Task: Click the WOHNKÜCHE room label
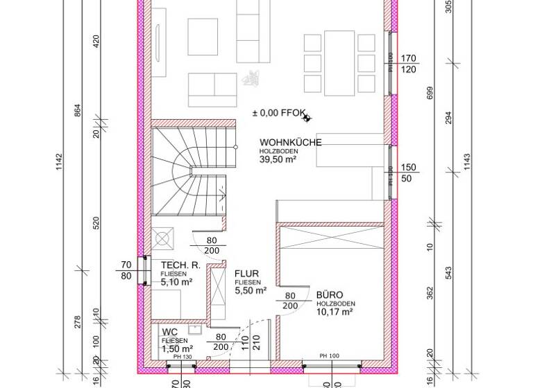pyautogui.click(x=291, y=143)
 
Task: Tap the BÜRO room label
pyautogui.click(x=330, y=294)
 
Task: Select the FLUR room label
pyautogui.click(x=246, y=274)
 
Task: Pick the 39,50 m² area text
pyautogui.click(x=278, y=159)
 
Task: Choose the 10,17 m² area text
pyautogui.click(x=336, y=312)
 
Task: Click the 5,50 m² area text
pyautogui.click(x=251, y=292)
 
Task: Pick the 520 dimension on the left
pyautogui.click(x=96, y=222)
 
